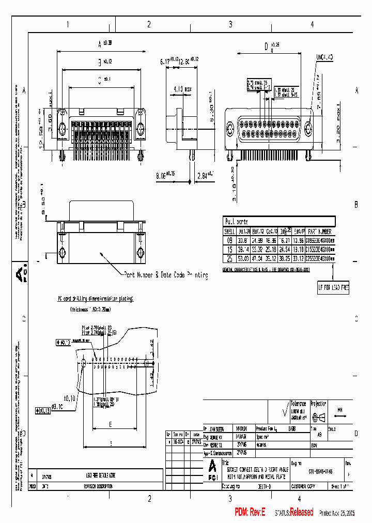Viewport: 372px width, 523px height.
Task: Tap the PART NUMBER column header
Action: (x=319, y=232)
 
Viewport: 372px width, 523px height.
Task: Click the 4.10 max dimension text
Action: (x=183, y=89)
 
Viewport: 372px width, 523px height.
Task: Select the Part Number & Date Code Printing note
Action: (x=166, y=275)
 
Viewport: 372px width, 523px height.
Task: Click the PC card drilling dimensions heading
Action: (x=95, y=299)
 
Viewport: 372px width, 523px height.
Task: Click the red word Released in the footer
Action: (x=301, y=512)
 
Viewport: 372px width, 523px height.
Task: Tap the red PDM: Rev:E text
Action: (x=250, y=512)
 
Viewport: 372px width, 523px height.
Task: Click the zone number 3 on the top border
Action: (x=230, y=24)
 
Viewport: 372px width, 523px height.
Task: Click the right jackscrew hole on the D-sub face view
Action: (x=308, y=129)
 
